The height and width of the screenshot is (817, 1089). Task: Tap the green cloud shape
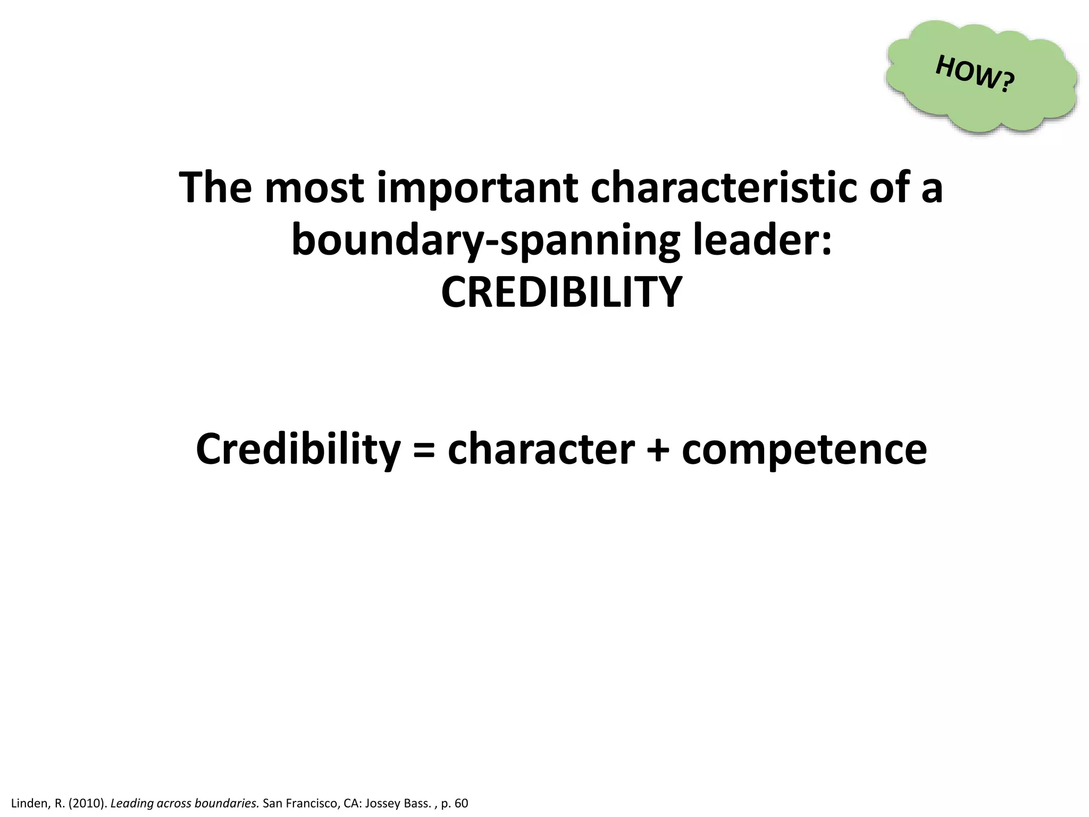tap(936, 106)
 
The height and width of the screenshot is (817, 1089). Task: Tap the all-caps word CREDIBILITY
tap(562, 292)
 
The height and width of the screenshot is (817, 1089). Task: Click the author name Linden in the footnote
tap(30, 803)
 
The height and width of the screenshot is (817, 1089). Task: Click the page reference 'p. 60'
tap(454, 803)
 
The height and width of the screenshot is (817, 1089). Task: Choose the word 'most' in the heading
tap(314, 188)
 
